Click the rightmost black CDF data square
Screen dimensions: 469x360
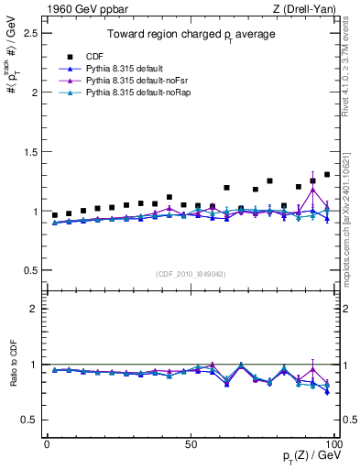pyautogui.click(x=327, y=174)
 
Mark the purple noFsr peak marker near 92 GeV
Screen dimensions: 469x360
pyautogui.click(x=312, y=190)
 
